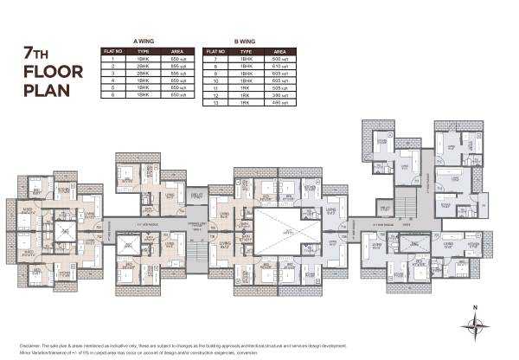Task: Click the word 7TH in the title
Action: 38,54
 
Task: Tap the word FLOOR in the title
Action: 48,72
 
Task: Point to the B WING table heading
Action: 247,41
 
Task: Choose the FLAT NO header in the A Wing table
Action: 112,51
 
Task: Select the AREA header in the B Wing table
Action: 279,51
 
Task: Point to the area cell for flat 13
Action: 279,103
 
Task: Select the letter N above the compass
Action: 472,307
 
